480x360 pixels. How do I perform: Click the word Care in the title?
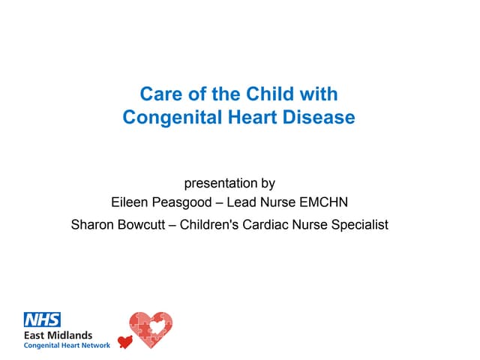point(160,94)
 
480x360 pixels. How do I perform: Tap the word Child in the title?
point(270,93)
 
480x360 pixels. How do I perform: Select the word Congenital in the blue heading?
point(172,118)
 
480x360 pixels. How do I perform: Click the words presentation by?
point(229,183)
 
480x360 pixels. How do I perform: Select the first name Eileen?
point(129,202)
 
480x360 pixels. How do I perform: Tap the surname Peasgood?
point(181,202)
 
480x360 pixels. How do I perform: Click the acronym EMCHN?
point(323,202)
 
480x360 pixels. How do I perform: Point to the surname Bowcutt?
point(142,224)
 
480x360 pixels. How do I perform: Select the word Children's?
point(209,224)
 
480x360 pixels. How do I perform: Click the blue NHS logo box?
point(42,319)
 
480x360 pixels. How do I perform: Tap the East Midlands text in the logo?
point(58,335)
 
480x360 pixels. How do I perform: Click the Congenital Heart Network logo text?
point(67,346)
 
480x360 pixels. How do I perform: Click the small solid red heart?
point(125,342)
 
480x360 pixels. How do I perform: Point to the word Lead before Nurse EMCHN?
point(238,202)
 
